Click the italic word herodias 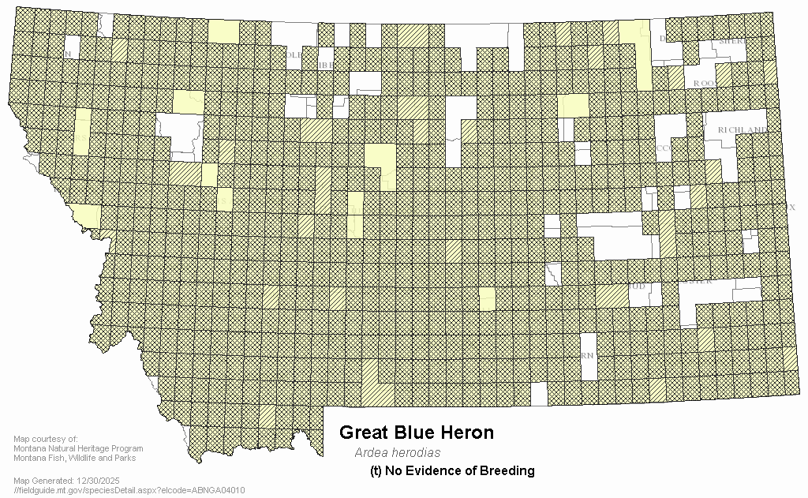pyautogui.click(x=415, y=453)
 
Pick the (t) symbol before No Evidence pyautogui.click(x=376, y=471)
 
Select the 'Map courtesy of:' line pyautogui.click(x=46, y=440)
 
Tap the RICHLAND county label pyautogui.click(x=742, y=129)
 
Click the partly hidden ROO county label pyautogui.click(x=702, y=83)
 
